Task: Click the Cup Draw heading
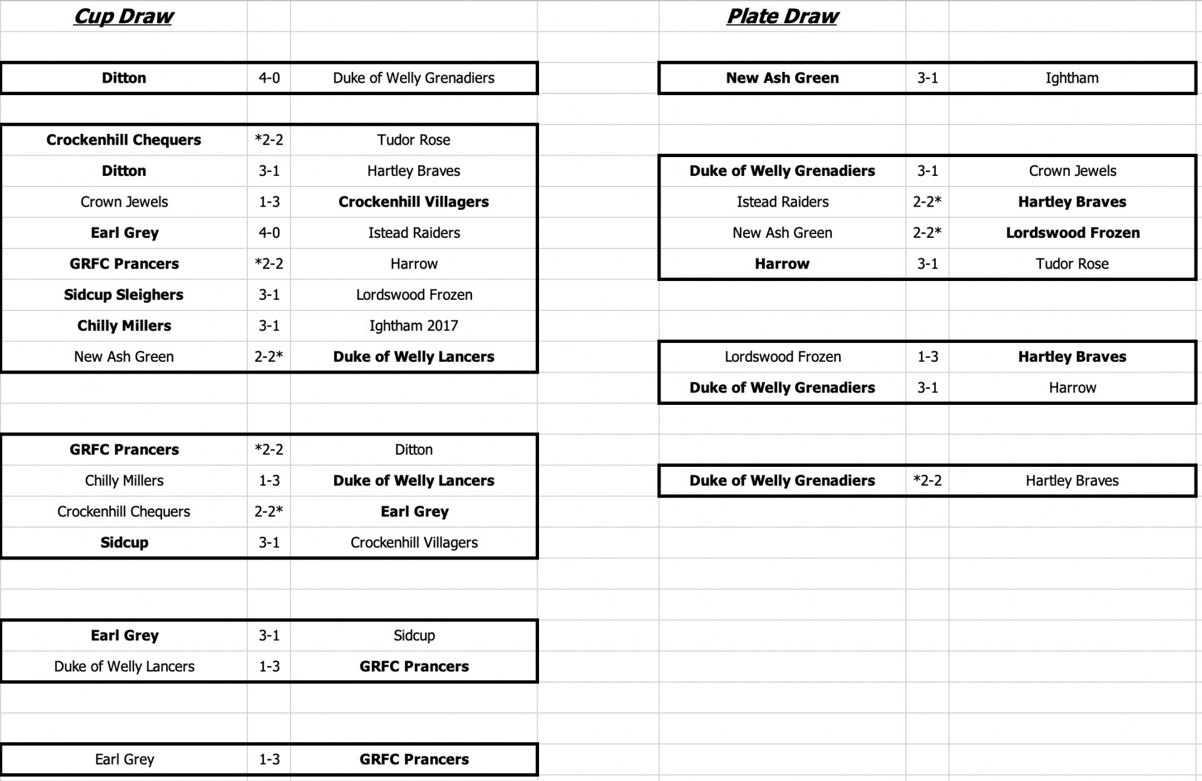(123, 16)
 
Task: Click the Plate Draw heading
(782, 16)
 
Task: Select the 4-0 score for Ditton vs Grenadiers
(269, 78)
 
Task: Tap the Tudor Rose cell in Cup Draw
(413, 140)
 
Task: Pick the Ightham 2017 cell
(413, 326)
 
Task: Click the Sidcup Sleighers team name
(123, 295)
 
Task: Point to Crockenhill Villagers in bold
(413, 202)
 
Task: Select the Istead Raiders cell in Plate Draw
(782, 202)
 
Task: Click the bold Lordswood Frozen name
(1072, 233)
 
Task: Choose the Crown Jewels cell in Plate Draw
(1072, 171)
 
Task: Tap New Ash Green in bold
(782, 78)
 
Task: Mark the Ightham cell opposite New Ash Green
(1072, 78)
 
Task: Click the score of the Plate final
(927, 481)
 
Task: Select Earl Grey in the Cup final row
(124, 759)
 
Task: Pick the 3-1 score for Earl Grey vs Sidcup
(269, 636)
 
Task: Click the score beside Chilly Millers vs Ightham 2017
(269, 326)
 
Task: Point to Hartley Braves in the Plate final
(1072, 481)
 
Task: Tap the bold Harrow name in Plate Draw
(782, 264)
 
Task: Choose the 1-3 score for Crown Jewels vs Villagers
(269, 202)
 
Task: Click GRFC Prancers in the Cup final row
(413, 759)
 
